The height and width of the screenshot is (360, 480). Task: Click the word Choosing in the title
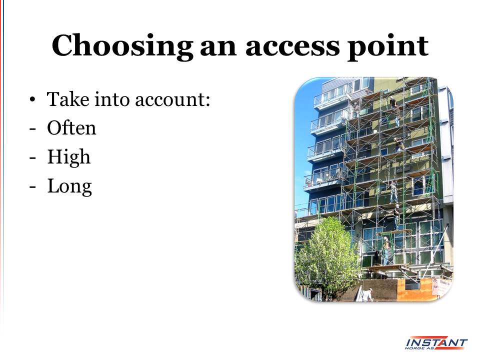[x=122, y=46]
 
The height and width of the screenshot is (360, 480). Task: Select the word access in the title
[x=292, y=47]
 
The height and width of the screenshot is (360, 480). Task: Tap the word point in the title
[x=388, y=48]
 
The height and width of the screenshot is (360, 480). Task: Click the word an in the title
[x=218, y=48]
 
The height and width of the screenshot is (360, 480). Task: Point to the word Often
[x=71, y=127]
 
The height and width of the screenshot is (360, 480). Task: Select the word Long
[x=69, y=186]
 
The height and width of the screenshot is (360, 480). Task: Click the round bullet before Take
[x=32, y=100]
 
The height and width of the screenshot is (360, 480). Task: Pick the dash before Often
[x=32, y=129]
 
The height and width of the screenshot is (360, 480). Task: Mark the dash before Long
[x=32, y=187]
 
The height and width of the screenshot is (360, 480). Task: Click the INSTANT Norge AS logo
[x=436, y=343]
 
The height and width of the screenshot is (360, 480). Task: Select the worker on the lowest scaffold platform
[x=386, y=250]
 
